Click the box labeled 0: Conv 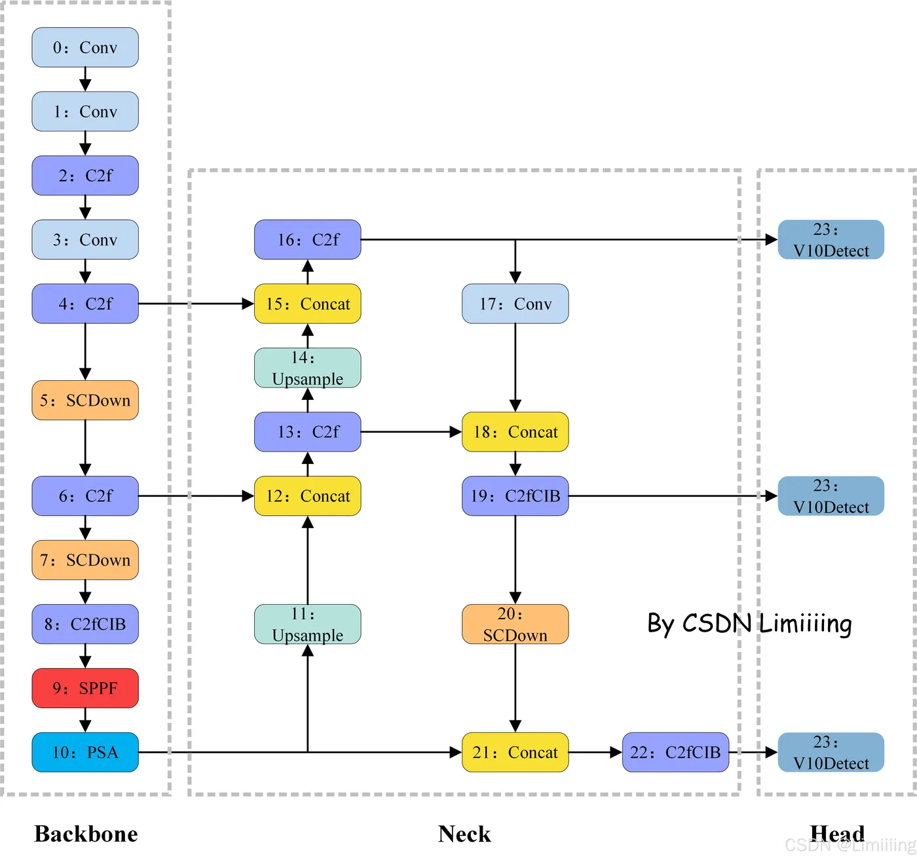tap(85, 47)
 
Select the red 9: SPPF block tap(85, 688)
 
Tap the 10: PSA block tap(85, 752)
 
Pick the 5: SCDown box tap(85, 400)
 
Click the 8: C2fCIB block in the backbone tap(85, 624)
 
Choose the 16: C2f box tap(307, 240)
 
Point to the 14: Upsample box tap(307, 368)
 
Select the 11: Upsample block tap(307, 624)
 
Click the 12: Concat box tap(307, 496)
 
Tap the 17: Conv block tap(515, 304)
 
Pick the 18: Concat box tap(515, 432)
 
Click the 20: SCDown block tap(515, 624)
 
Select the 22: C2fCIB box tap(675, 752)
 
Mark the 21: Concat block tap(515, 752)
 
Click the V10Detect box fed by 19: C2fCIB tap(831, 496)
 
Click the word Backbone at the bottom tap(86, 834)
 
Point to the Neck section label tap(464, 834)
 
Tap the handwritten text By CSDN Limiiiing tap(749, 624)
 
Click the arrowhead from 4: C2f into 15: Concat tap(248, 304)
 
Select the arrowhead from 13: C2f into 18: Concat tap(456, 432)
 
